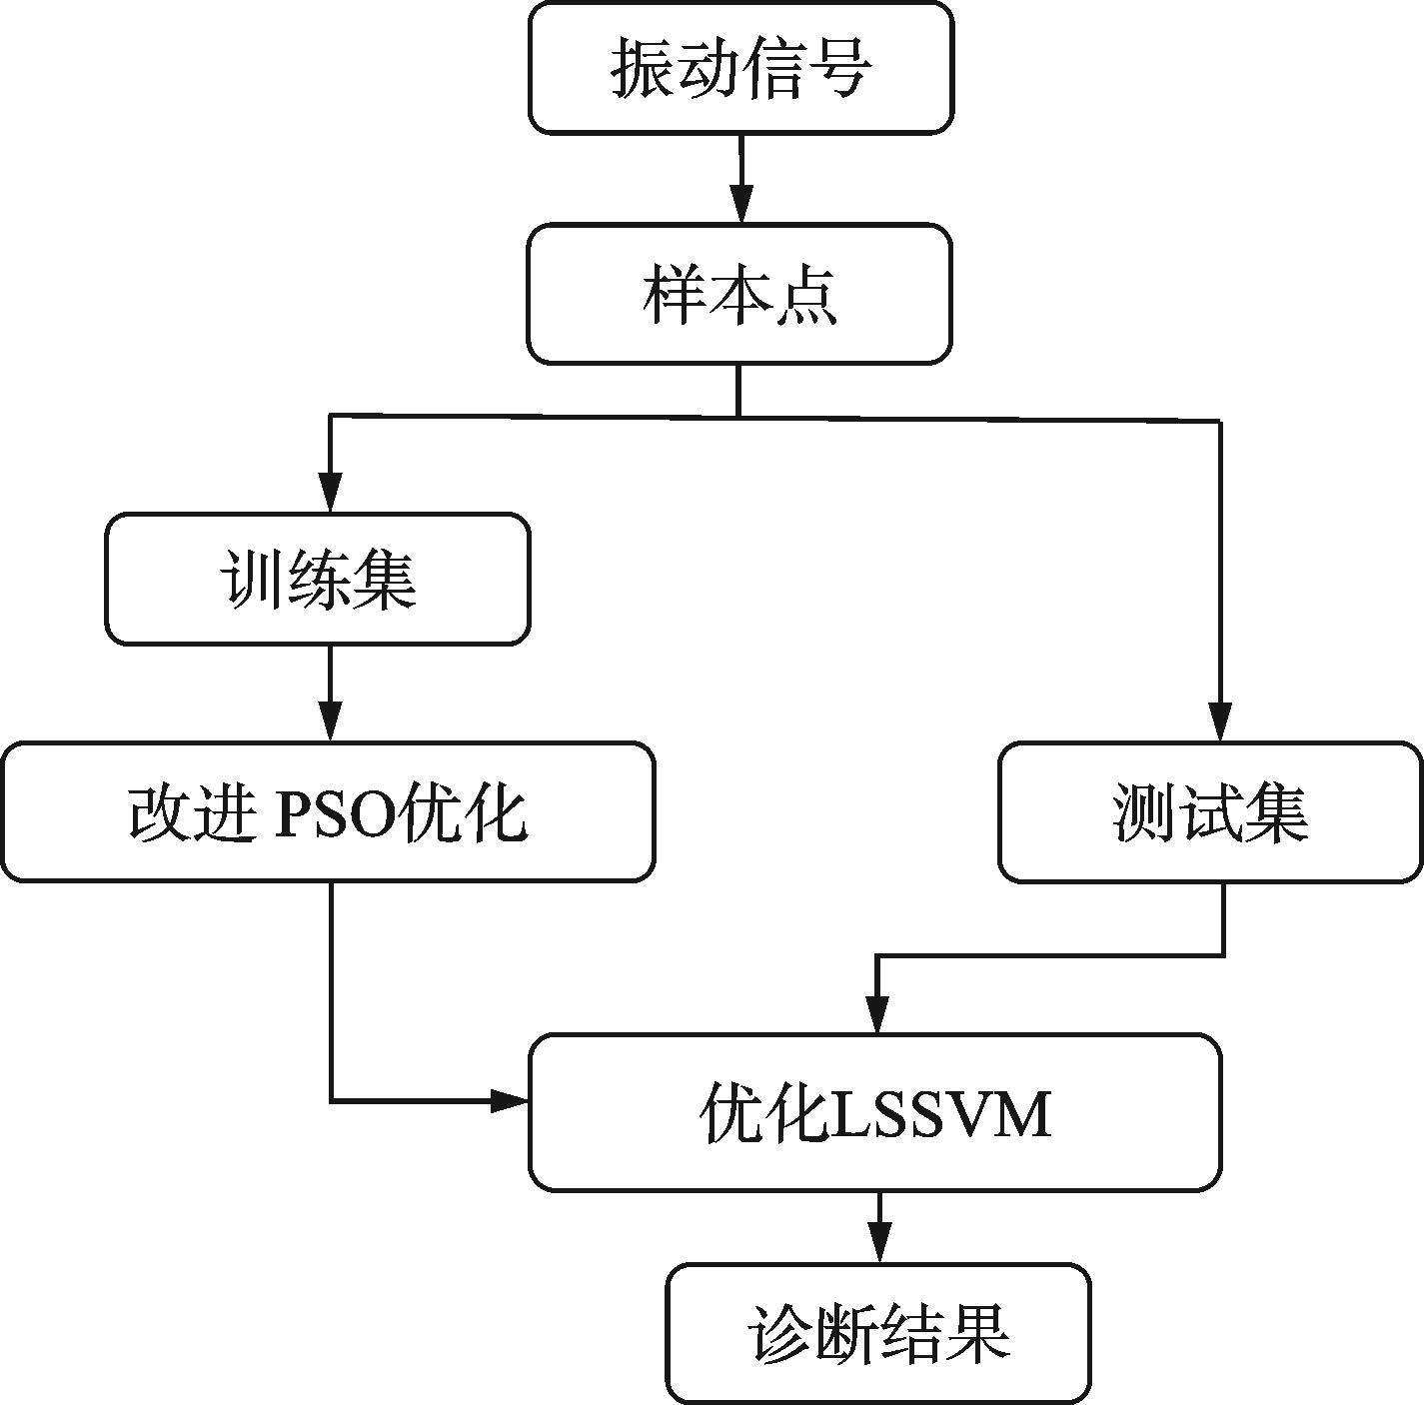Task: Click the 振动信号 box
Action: point(740,68)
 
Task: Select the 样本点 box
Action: point(739,294)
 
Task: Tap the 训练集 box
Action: point(318,580)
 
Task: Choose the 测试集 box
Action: point(1210,811)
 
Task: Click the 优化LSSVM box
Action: point(874,1112)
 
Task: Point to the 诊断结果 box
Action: point(878,1333)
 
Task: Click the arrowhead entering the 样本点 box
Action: point(740,205)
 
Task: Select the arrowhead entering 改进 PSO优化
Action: point(330,721)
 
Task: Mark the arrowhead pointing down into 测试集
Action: point(1220,721)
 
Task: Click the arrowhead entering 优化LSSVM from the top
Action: point(877,1014)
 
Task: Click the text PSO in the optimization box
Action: point(333,814)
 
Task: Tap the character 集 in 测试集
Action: point(1276,812)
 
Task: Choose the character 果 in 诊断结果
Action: point(978,1333)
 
